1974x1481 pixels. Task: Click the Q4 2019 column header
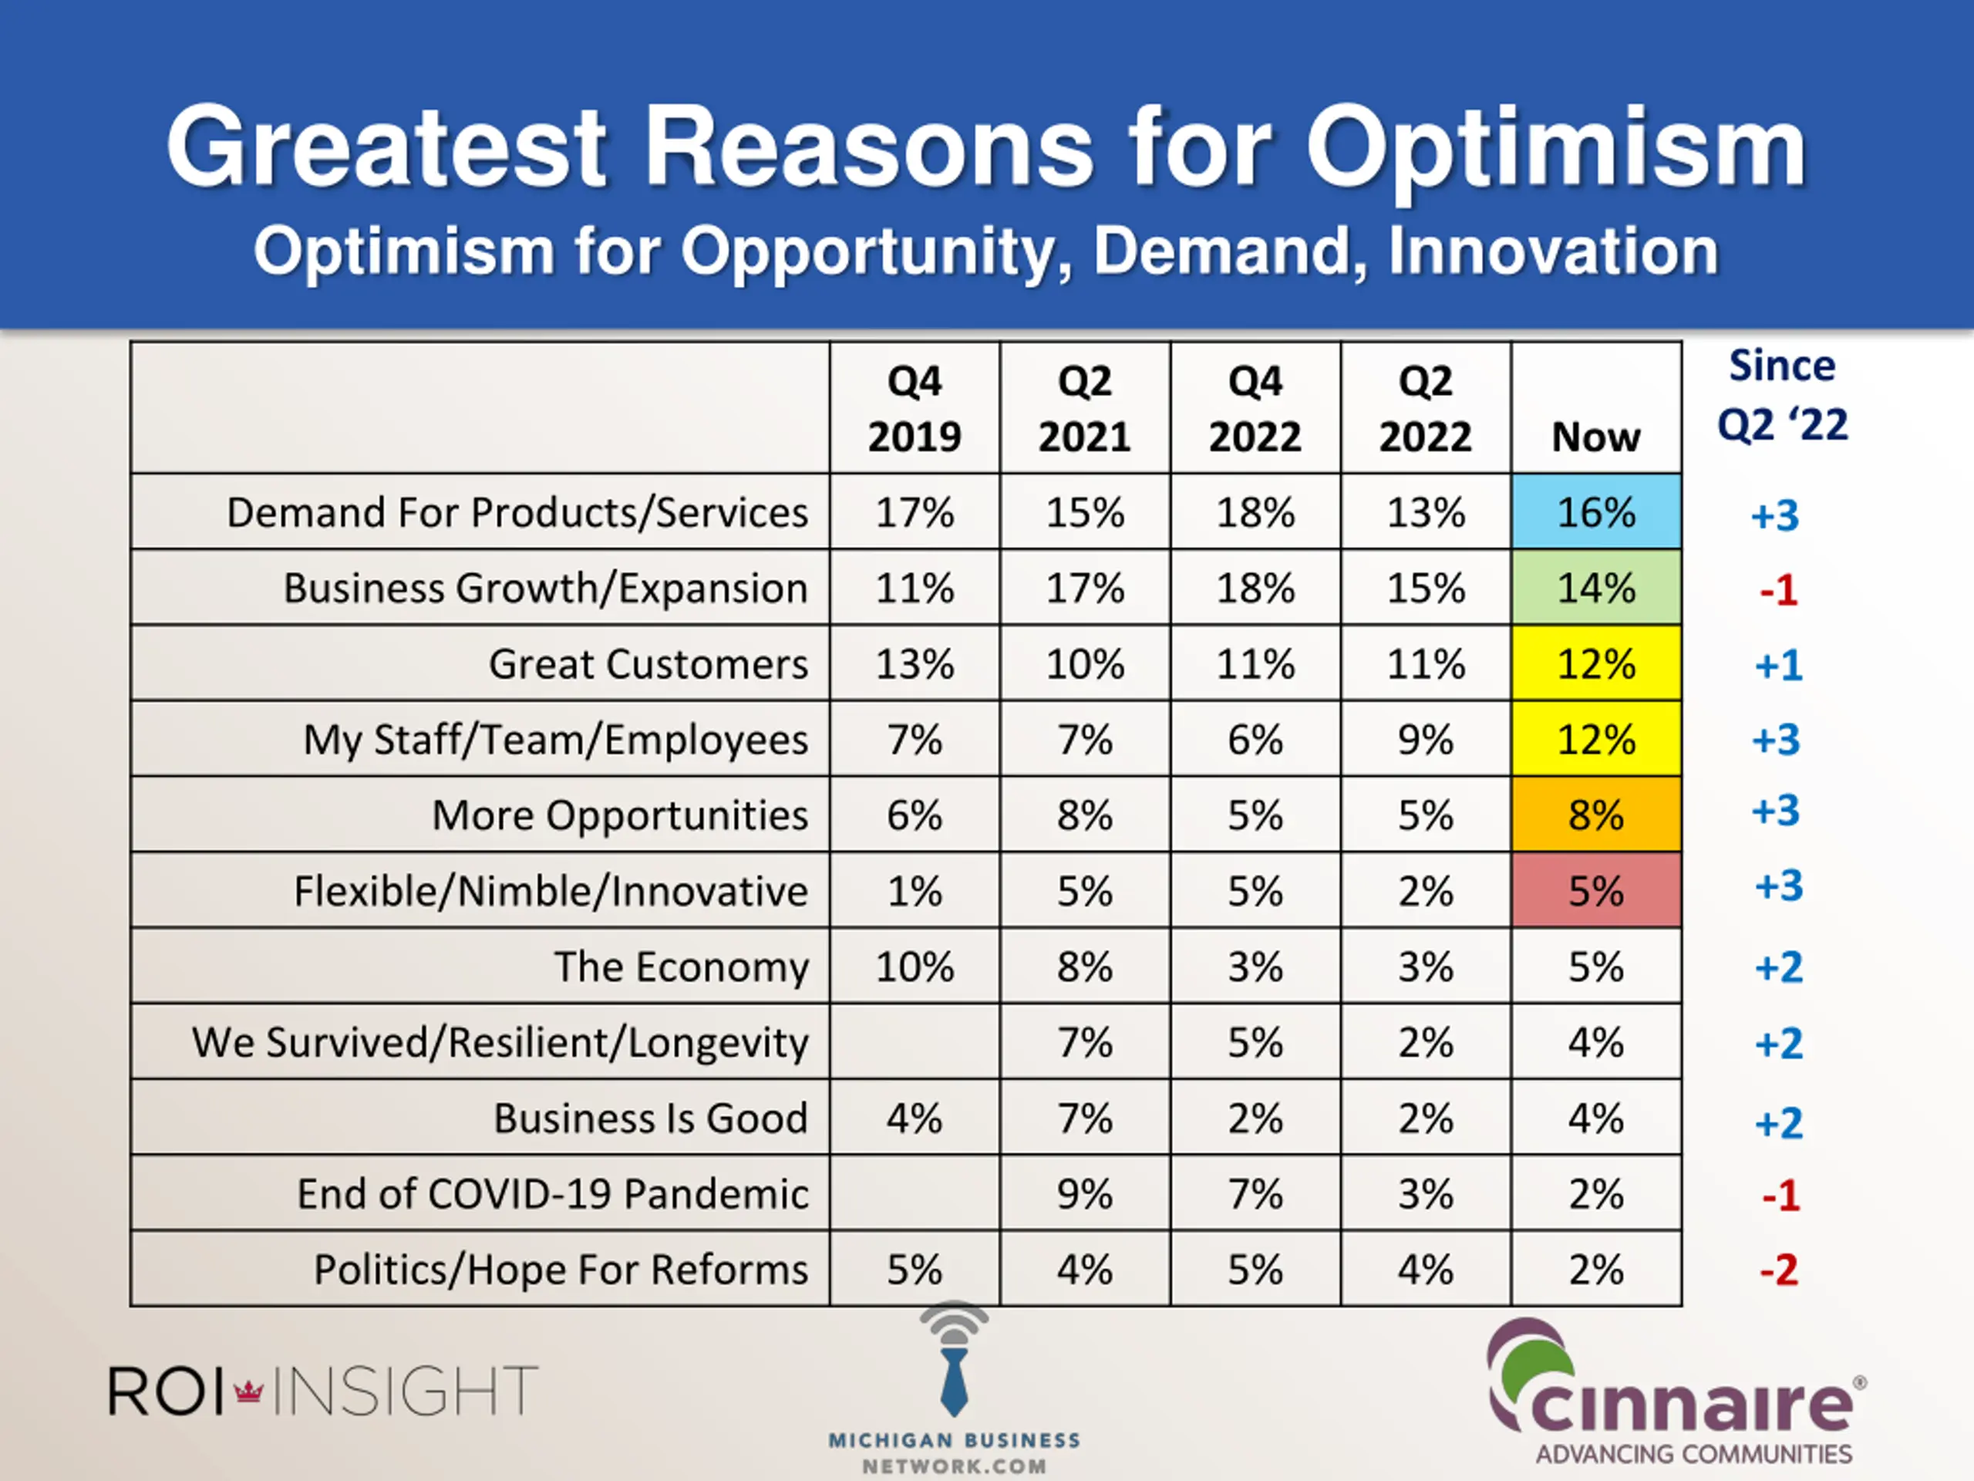[914, 409]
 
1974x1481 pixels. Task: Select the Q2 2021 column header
[1084, 409]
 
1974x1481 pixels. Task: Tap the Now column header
[1595, 437]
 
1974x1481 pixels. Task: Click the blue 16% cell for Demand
[1595, 512]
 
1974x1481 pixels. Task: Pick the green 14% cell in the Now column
[1595, 589]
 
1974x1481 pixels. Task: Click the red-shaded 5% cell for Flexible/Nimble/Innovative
[1595, 891]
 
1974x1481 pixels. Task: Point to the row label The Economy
[681, 967]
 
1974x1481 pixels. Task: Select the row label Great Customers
[648, 664]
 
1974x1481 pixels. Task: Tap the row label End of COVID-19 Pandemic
[552, 1193]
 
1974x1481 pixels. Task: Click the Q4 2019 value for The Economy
[914, 967]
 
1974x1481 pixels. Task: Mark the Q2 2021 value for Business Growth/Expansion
[1084, 589]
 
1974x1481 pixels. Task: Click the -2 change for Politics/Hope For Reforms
[1779, 1270]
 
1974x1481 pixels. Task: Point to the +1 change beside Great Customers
[1779, 665]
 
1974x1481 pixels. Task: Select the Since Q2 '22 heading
[1782, 395]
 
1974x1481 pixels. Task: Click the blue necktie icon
[954, 1379]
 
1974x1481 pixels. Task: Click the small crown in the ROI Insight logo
[248, 1390]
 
